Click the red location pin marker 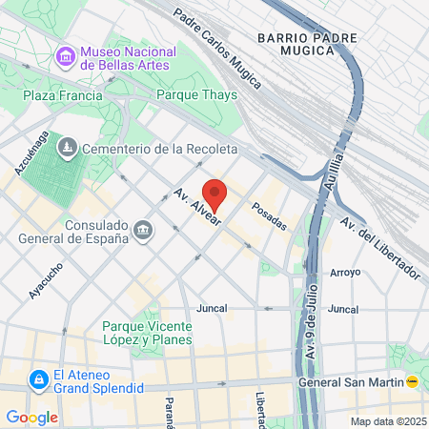click(x=214, y=194)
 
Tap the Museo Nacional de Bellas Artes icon click(x=67, y=57)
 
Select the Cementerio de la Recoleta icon click(x=69, y=148)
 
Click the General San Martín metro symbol click(x=412, y=381)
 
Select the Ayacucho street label click(x=45, y=280)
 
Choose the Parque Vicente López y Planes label click(x=147, y=333)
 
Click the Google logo click(x=31, y=417)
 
